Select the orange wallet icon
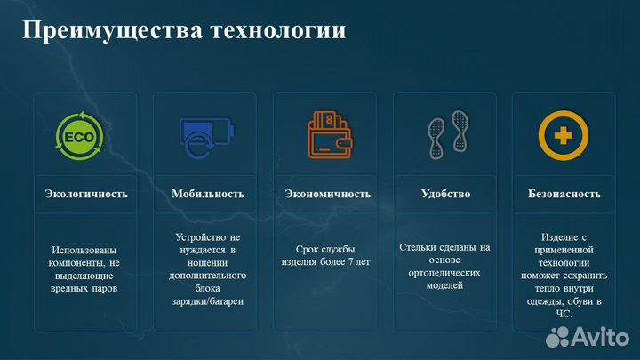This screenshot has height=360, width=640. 327,134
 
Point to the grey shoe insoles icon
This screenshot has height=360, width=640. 445,136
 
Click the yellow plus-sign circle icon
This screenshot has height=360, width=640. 564,136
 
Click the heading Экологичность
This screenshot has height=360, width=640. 86,193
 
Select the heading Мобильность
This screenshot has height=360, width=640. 208,193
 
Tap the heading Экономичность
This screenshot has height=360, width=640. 327,193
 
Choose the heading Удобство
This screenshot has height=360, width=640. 445,193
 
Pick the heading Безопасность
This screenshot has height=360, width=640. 564,193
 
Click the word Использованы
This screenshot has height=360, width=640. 84,250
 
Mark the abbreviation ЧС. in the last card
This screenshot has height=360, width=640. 564,314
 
